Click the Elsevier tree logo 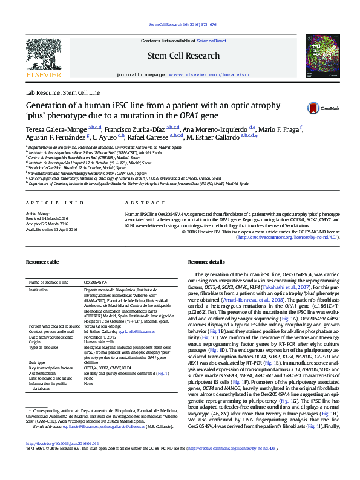[x=43, y=56]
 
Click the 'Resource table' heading [x=42, y=262]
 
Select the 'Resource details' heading [x=206, y=262]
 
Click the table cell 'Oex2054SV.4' [x=95, y=282]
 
